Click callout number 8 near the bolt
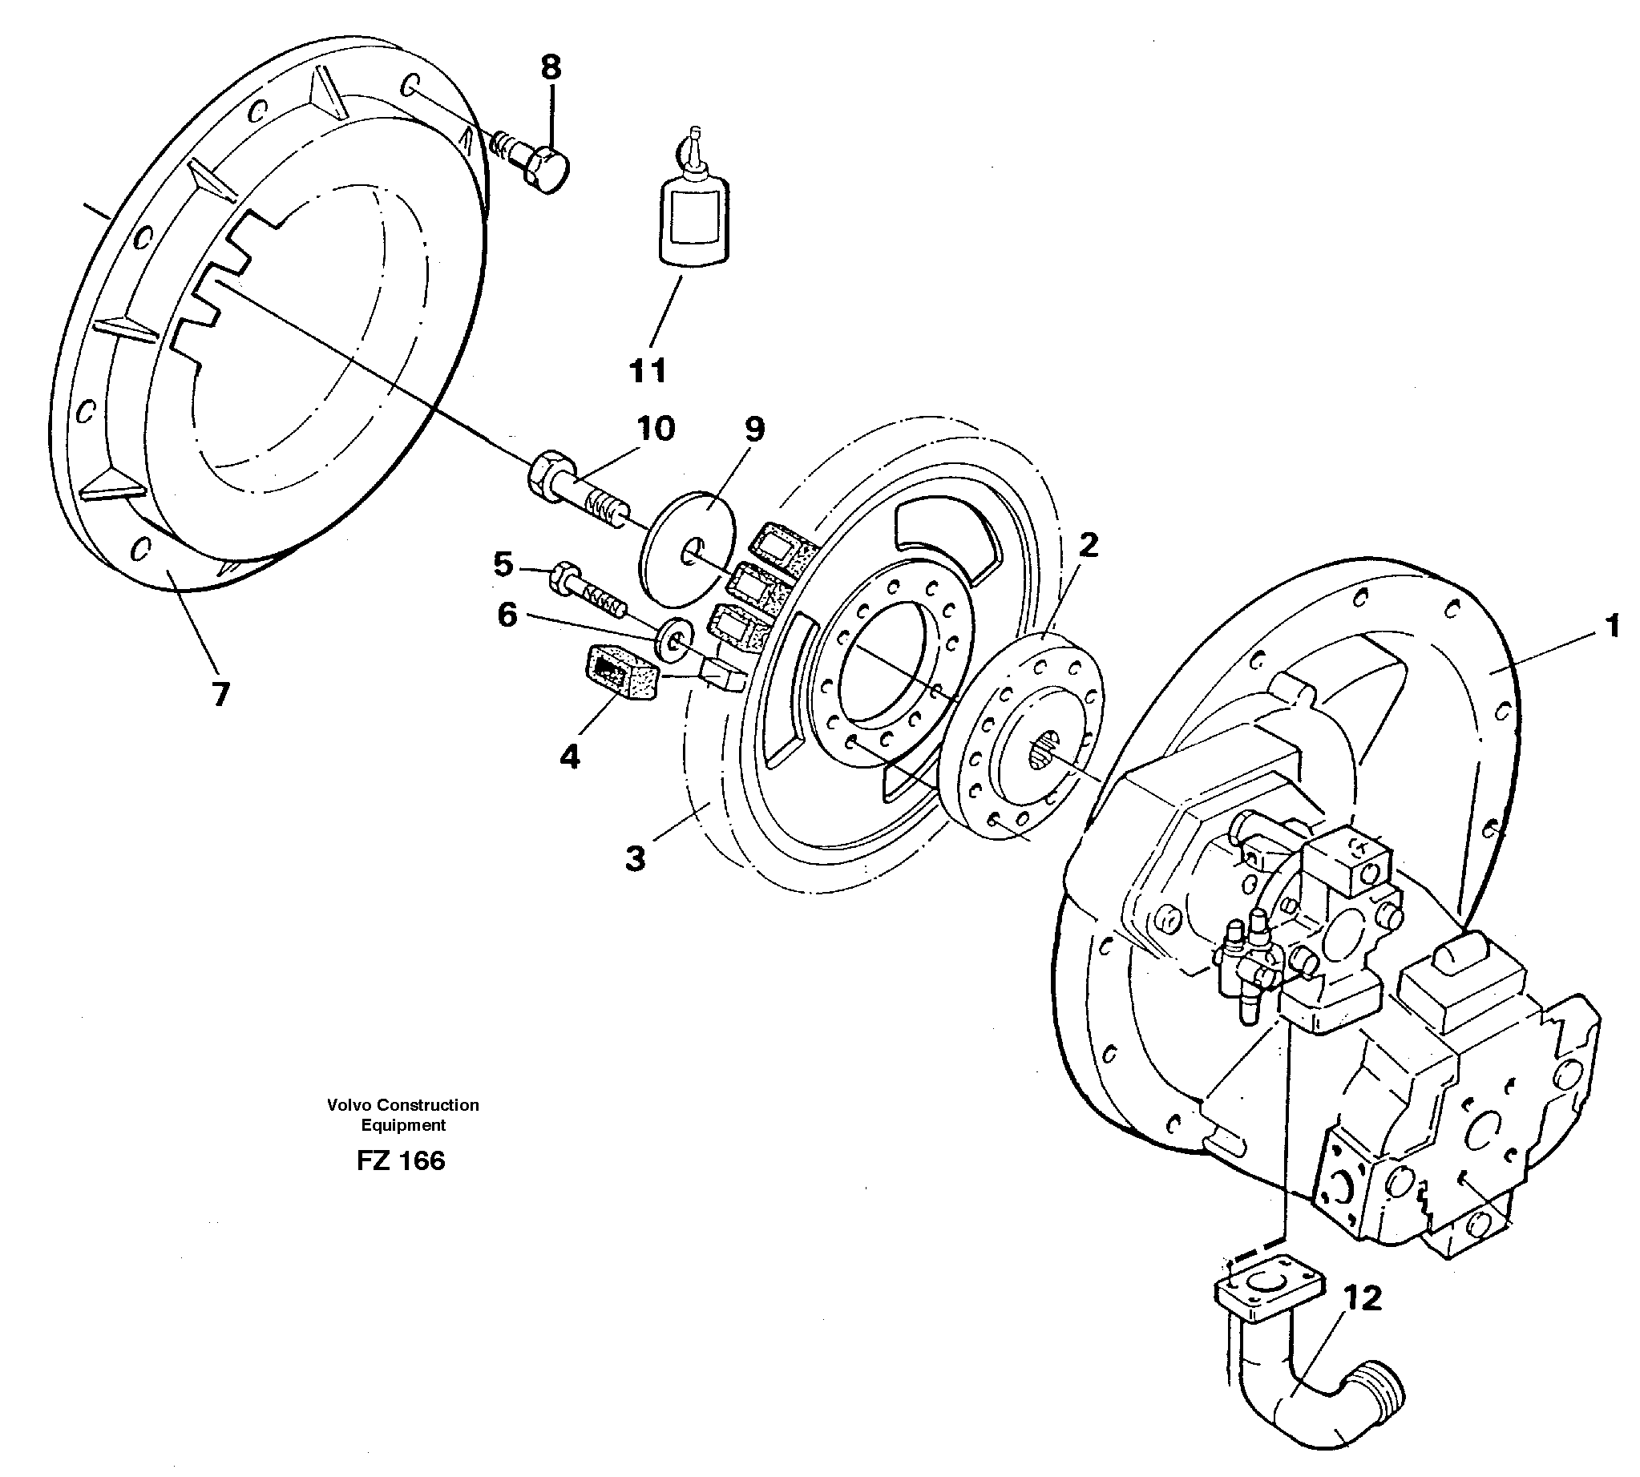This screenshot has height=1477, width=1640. click(x=550, y=67)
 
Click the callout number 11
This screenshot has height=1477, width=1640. click(x=647, y=370)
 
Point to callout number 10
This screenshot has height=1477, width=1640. click(x=656, y=429)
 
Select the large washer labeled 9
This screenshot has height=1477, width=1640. click(x=688, y=548)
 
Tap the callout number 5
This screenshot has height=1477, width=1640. click(x=503, y=564)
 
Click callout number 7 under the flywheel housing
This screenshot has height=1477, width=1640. click(x=220, y=694)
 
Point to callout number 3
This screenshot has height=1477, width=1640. click(x=636, y=858)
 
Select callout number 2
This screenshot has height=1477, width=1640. click(x=1089, y=544)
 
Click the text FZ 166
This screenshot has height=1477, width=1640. click(x=401, y=1161)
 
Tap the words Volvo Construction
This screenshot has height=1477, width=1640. click(x=402, y=1104)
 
